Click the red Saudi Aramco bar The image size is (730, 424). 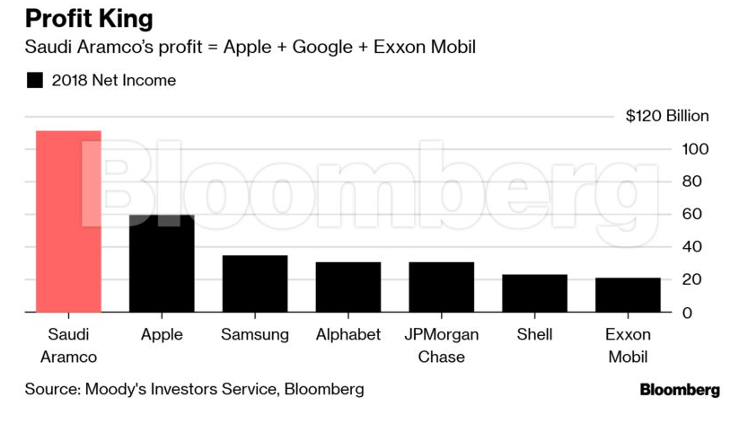68,222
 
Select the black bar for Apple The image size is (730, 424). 162,263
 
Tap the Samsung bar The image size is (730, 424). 255,284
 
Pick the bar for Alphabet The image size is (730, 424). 348,287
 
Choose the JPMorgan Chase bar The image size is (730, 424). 442,287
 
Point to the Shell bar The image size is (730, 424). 534,293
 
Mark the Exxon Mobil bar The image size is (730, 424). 628,295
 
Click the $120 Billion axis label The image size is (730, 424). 667,116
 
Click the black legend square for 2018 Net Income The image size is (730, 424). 35,81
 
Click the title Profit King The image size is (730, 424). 89,18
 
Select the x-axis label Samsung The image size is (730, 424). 255,335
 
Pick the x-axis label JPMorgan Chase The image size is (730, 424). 442,346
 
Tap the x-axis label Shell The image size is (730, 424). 534,335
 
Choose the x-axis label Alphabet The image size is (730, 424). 348,335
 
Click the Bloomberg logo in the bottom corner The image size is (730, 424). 679,390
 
